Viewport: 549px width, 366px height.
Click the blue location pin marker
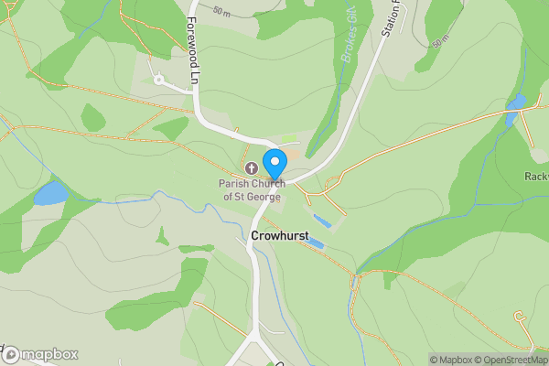coord(274,164)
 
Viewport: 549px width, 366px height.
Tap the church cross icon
coord(253,168)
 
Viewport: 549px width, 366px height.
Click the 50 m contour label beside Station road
coord(441,43)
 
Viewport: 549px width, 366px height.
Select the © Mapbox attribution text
coord(450,360)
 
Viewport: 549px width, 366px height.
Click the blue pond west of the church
coord(50,193)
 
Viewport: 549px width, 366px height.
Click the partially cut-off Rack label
coord(536,176)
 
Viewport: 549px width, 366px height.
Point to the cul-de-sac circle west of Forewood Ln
coord(158,80)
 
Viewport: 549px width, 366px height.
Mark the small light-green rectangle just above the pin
coord(289,139)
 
